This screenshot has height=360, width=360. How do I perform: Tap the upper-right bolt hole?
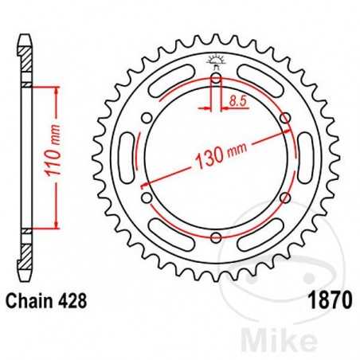(286, 120)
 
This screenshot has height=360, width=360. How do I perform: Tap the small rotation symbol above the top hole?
(216, 58)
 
